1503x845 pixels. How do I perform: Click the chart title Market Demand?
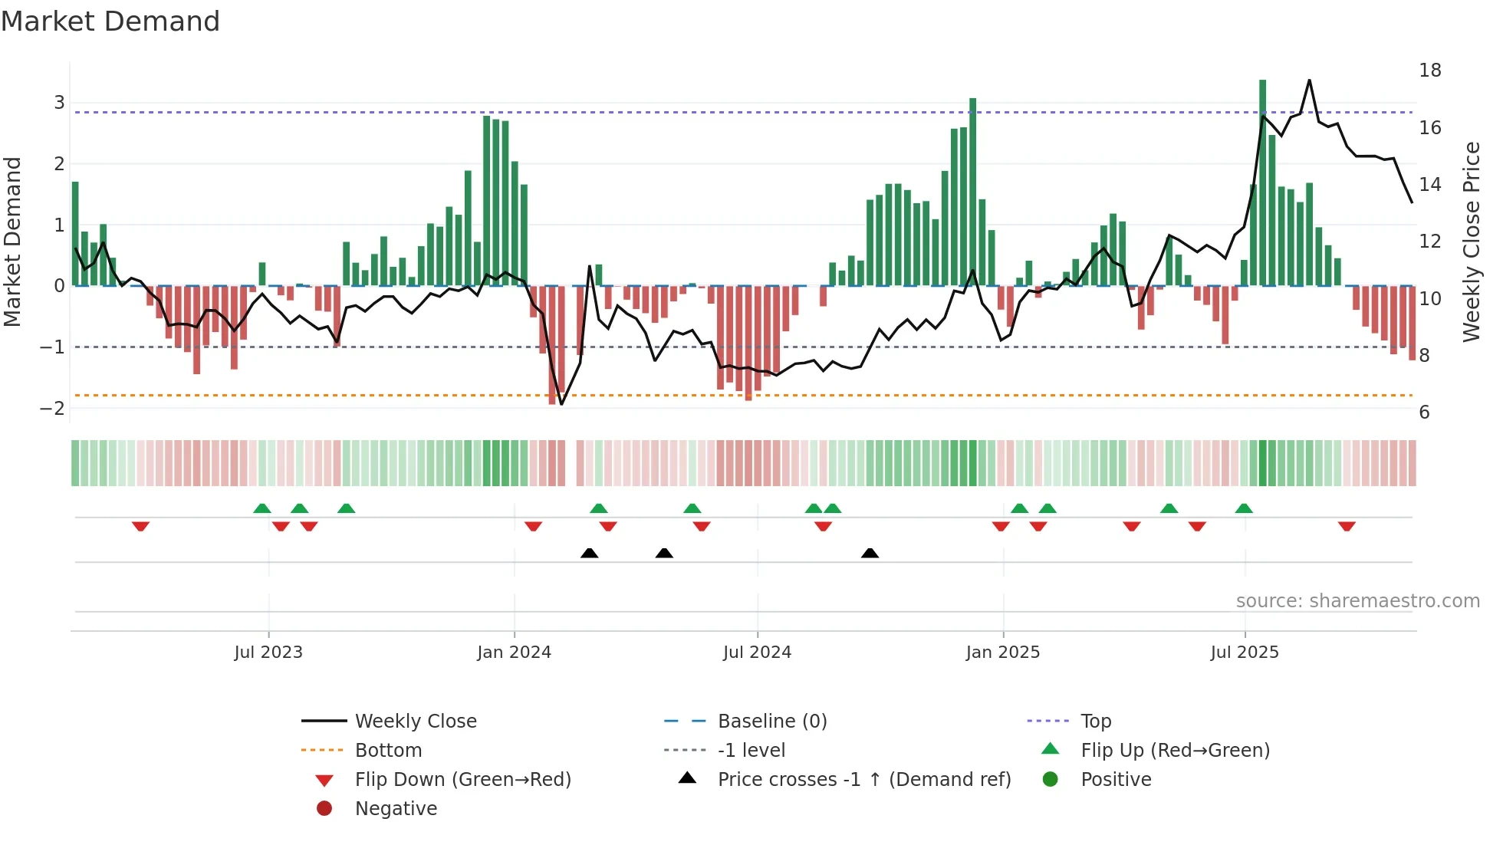click(110, 21)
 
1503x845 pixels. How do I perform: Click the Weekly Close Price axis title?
click(1471, 242)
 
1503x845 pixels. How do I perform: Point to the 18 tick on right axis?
click(1429, 71)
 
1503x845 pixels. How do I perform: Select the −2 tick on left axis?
click(52, 408)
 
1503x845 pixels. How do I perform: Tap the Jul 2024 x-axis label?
click(757, 653)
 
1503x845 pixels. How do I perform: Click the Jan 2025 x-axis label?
click(1002, 653)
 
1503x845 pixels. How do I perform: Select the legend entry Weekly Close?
click(415, 722)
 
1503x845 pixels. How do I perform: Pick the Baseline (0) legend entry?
click(771, 722)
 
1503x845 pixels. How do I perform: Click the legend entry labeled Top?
click(1095, 722)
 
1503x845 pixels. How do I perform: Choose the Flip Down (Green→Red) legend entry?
click(462, 780)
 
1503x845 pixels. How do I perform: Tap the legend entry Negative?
click(396, 809)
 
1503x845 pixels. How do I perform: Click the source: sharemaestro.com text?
click(1357, 601)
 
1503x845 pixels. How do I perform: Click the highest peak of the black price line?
click(1309, 80)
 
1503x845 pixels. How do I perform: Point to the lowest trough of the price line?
click(561, 404)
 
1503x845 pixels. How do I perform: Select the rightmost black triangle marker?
click(870, 553)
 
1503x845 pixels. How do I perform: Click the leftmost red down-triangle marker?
click(140, 526)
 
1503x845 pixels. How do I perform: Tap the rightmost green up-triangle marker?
click(1244, 508)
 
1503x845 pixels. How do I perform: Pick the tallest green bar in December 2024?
click(972, 192)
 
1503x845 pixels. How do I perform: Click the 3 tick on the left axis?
click(59, 103)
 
